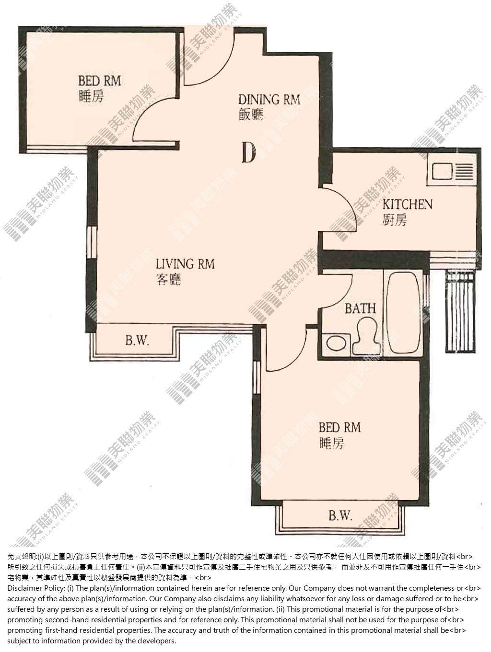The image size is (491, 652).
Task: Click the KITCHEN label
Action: (407, 205)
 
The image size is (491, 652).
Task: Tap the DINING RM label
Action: (269, 100)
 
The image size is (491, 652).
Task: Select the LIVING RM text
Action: (185, 264)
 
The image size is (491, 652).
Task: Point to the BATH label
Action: (360, 309)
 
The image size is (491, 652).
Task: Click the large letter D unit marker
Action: (248, 152)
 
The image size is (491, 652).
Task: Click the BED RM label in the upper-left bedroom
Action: (100, 81)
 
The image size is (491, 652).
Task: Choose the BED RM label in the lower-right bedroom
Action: (339, 428)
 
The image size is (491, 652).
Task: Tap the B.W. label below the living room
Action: (137, 341)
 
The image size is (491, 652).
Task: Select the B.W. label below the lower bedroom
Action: (340, 515)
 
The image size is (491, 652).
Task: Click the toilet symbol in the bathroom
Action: (366, 335)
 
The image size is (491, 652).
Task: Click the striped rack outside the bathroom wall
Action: (460, 312)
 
